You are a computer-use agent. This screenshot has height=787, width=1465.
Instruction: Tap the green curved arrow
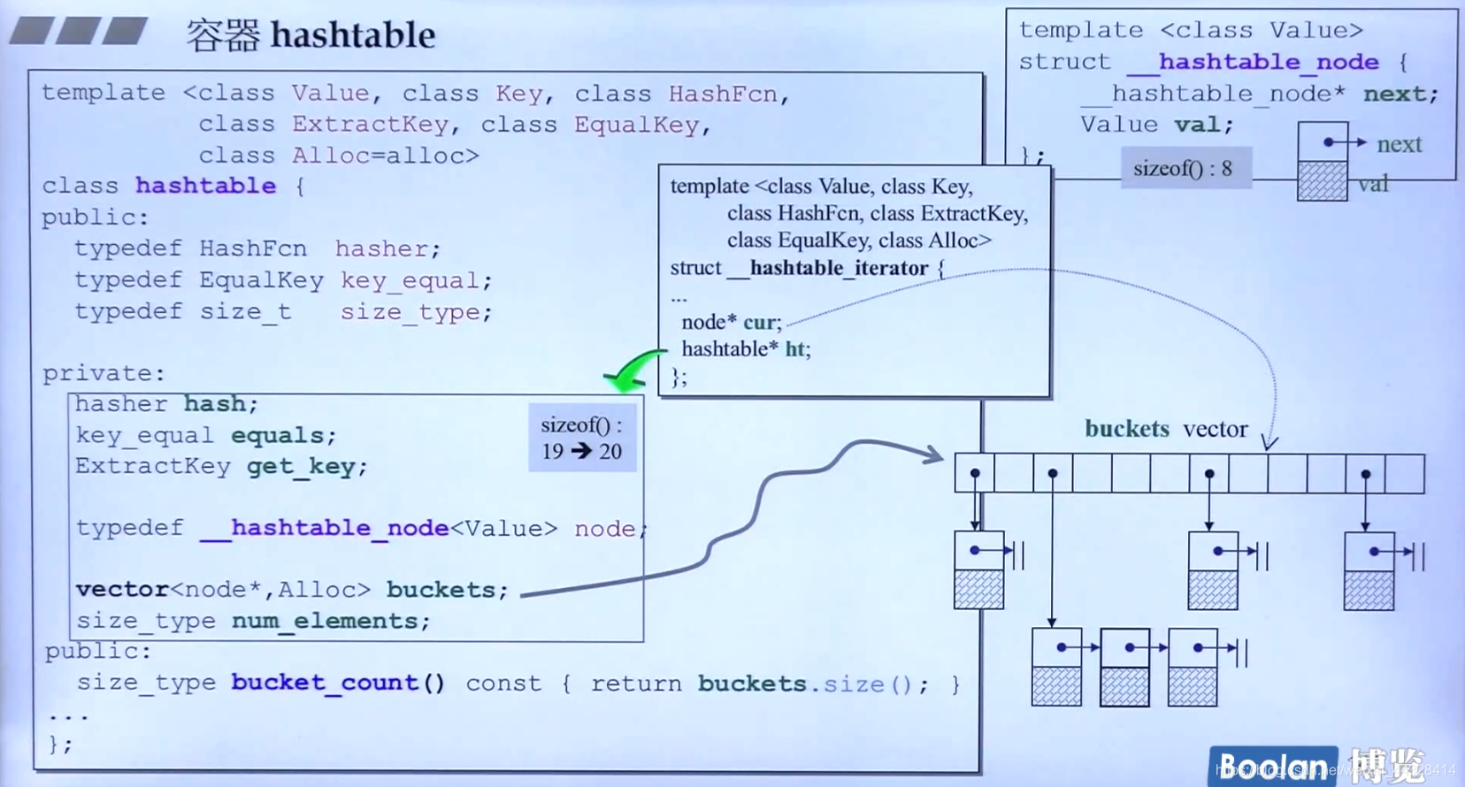[633, 371]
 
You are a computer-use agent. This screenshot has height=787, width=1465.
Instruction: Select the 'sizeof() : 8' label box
[1184, 168]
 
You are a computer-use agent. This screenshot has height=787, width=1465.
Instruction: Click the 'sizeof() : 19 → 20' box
[581, 439]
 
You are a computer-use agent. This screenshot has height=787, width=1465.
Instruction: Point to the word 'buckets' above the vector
[1126, 429]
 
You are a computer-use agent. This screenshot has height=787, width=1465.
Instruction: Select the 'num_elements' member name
[324, 621]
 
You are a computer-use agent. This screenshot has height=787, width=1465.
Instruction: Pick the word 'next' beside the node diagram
[1399, 144]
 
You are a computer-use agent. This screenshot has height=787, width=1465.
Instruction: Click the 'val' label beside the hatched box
[1373, 184]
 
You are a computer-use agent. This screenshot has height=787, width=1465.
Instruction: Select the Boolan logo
[1272, 766]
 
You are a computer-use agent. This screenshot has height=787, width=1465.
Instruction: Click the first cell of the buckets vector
[974, 474]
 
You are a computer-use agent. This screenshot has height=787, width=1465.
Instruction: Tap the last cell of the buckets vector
[1404, 474]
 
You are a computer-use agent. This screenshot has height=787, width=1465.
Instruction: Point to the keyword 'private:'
[104, 373]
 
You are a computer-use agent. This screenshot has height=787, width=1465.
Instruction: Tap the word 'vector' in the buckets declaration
[122, 590]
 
